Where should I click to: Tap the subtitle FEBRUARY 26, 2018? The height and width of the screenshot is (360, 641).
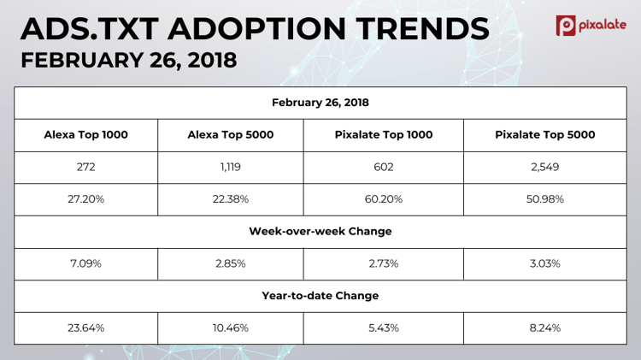(129, 61)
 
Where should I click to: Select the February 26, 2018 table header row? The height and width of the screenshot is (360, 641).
(320, 103)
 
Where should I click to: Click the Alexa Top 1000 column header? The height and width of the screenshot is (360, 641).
(85, 135)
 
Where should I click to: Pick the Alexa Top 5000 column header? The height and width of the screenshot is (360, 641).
(231, 135)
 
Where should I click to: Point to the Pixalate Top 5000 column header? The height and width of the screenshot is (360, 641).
(544, 135)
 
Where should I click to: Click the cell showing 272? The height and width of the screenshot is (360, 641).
(85, 167)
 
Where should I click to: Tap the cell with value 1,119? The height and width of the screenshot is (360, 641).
(231, 167)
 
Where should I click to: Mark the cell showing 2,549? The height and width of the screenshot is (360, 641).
(544, 167)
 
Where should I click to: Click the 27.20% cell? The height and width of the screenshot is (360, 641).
(85, 199)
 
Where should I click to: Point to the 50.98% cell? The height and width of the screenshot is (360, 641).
(544, 199)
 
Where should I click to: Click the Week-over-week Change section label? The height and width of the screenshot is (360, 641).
(320, 231)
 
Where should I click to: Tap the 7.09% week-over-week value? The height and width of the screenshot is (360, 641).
(85, 263)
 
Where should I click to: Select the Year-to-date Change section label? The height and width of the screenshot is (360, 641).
(320, 296)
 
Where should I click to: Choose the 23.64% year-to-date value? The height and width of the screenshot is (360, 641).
(85, 328)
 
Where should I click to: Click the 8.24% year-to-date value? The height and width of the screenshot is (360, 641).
(544, 328)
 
